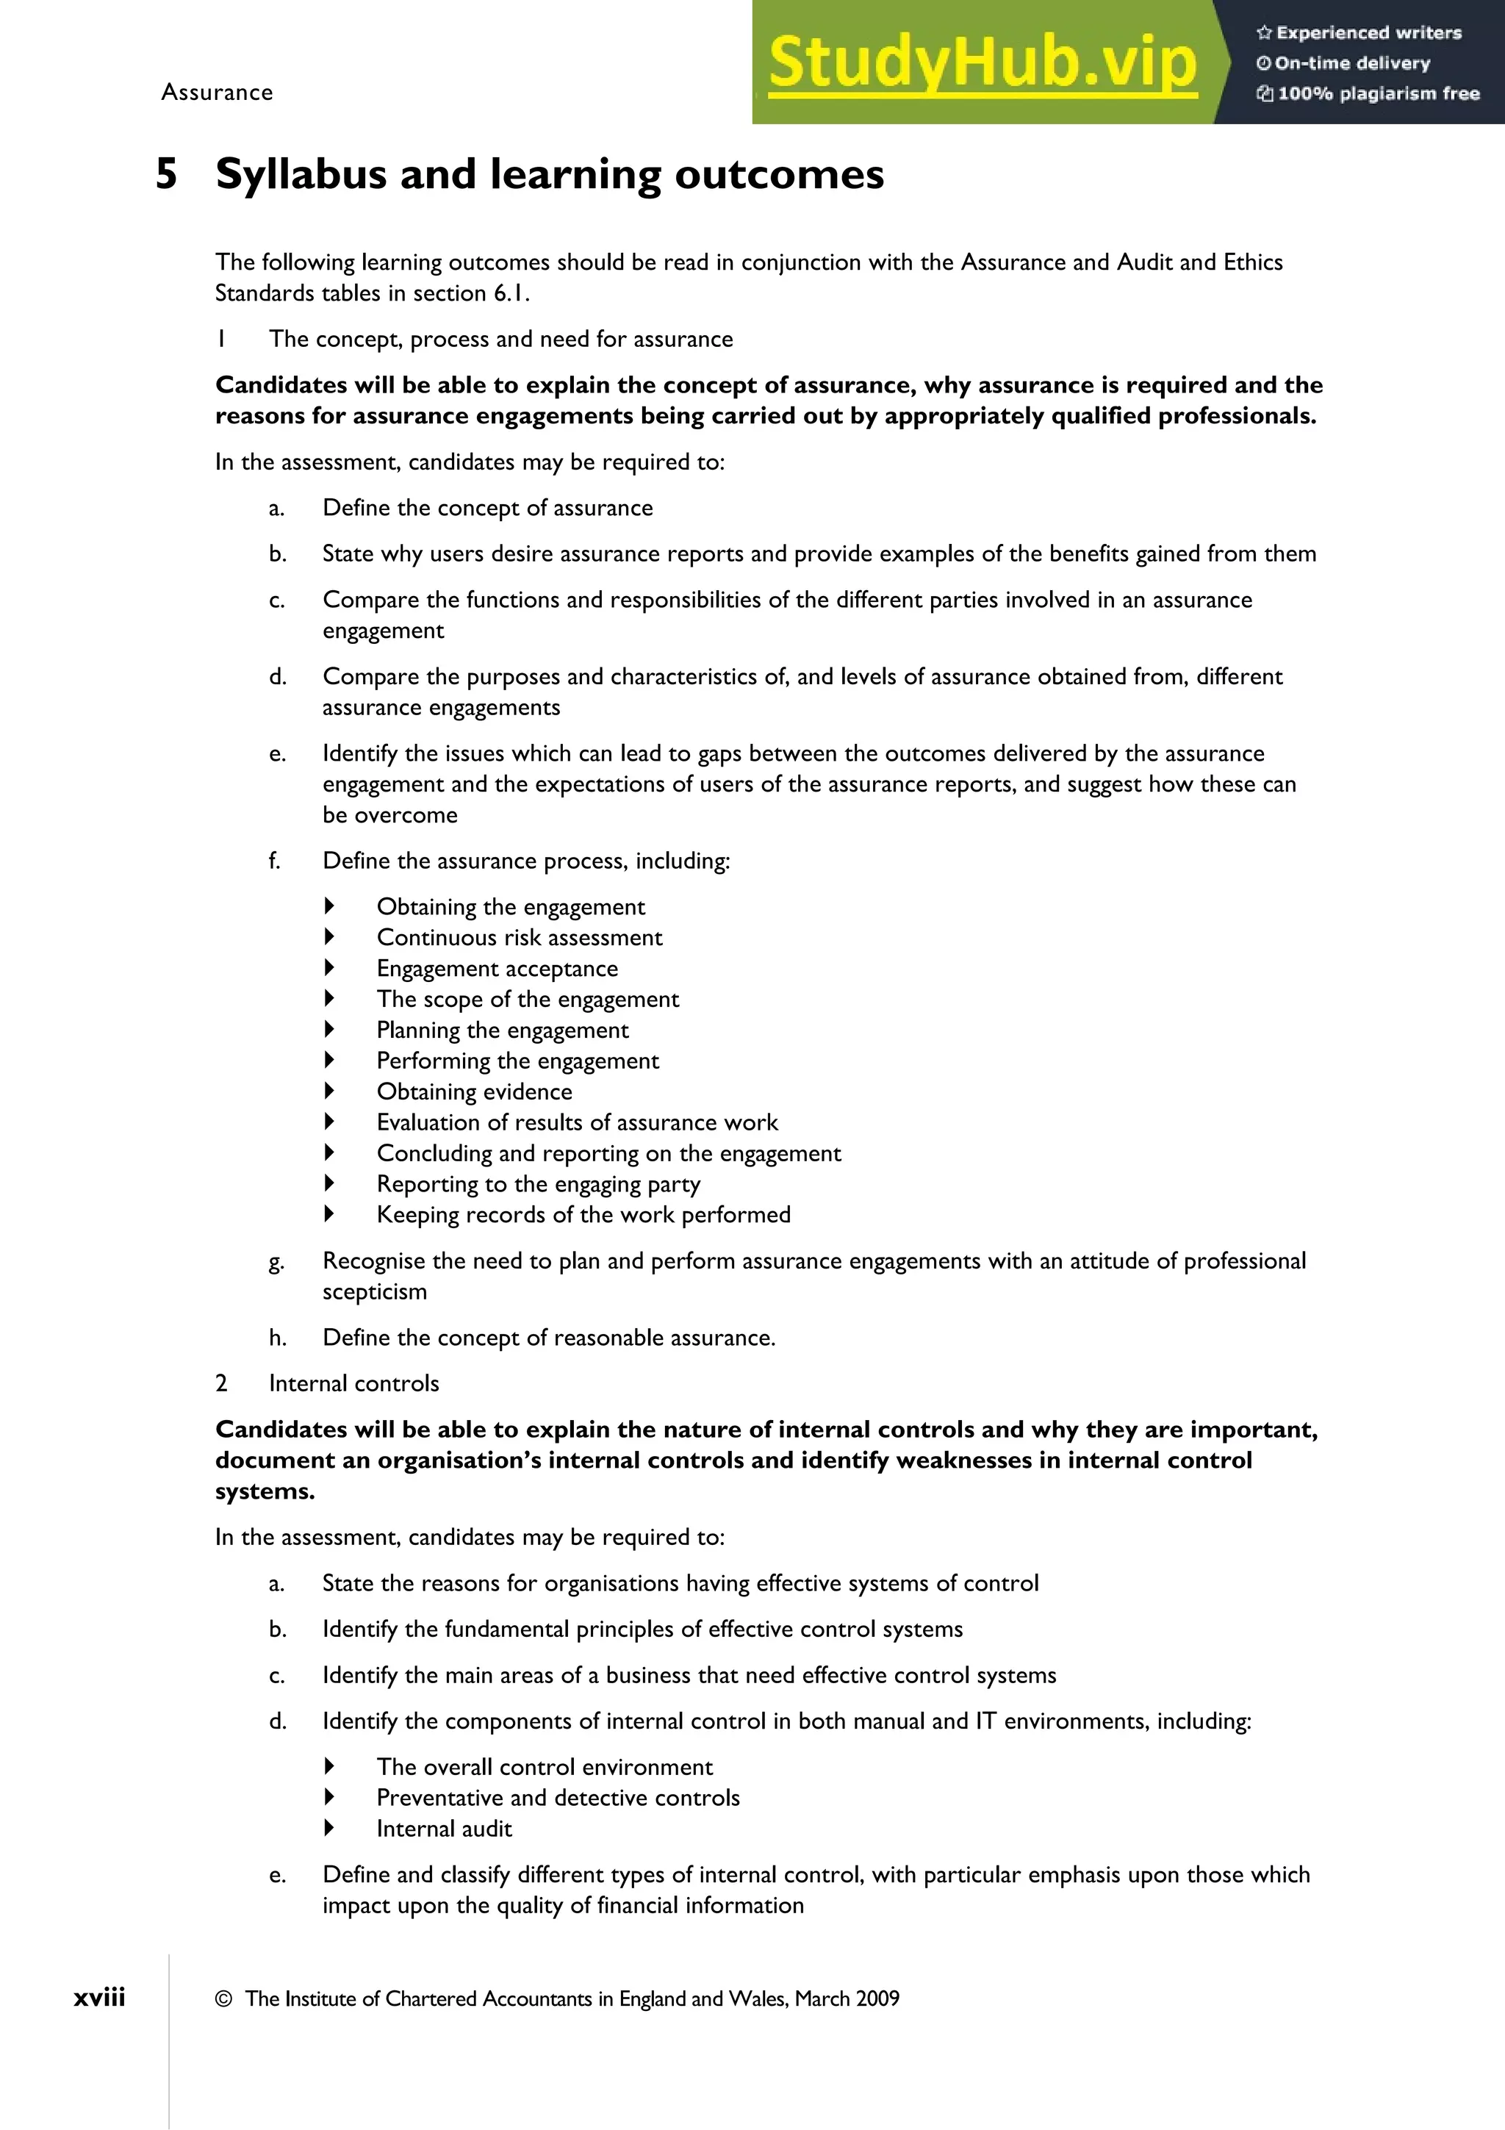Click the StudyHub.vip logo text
click(982, 63)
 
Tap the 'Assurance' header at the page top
click(217, 93)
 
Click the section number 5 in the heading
click(166, 174)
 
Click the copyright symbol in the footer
click(223, 1999)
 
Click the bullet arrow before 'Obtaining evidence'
click(329, 1091)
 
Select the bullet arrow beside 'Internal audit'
click(329, 1828)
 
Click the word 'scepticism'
click(375, 1291)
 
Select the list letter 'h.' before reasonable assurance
click(277, 1338)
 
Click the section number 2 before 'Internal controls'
click(222, 1383)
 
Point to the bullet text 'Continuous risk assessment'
click(520, 938)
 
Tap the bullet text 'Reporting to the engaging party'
click(538, 1185)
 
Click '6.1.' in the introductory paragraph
click(511, 293)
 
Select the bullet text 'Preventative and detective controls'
click(557, 1798)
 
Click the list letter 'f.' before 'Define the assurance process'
click(275, 861)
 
